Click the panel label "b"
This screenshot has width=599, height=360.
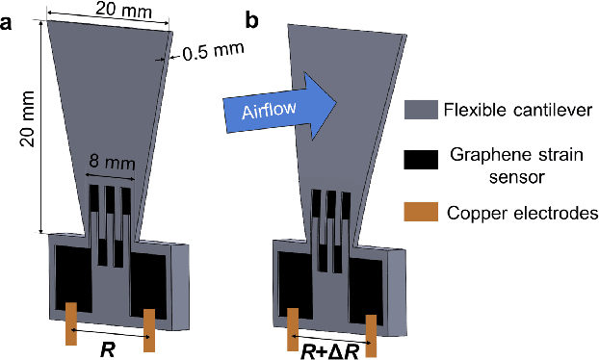pos(253,18)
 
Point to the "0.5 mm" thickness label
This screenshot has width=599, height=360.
pos(211,50)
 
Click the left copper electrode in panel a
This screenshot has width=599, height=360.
pos(70,323)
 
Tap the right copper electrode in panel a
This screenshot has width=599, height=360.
pos(149,329)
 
